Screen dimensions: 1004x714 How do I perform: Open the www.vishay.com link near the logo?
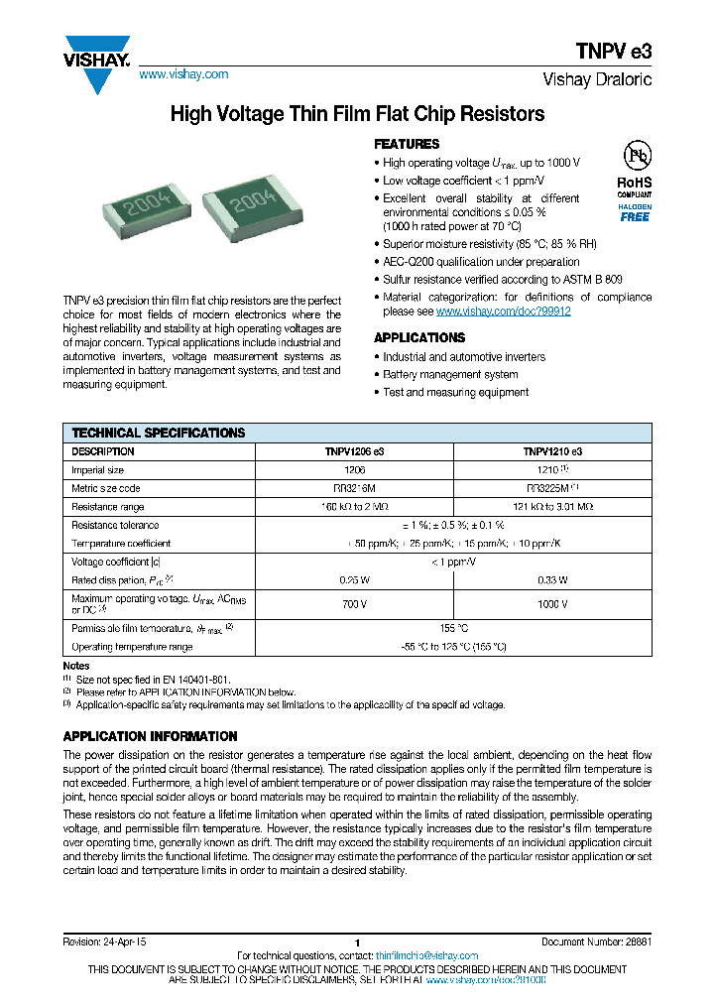[183, 74]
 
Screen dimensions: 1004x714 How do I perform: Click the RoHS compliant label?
[635, 188]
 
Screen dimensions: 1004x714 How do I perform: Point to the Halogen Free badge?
[635, 211]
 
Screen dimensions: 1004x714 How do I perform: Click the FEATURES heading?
[406, 144]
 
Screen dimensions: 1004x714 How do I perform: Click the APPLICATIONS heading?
[418, 337]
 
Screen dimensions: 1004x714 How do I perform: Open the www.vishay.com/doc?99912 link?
[503, 312]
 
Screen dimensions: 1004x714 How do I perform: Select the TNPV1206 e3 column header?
[354, 451]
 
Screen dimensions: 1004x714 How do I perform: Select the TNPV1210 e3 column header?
[552, 451]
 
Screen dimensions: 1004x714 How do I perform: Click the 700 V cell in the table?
[354, 603]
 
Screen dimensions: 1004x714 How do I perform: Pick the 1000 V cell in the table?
[552, 603]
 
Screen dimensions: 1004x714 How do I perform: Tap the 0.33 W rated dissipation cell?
[552, 579]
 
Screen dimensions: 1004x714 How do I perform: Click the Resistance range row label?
[108, 506]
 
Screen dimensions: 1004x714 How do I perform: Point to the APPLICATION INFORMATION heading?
[150, 736]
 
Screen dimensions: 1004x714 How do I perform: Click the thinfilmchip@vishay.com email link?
[427, 955]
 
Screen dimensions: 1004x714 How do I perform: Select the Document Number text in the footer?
[596, 941]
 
